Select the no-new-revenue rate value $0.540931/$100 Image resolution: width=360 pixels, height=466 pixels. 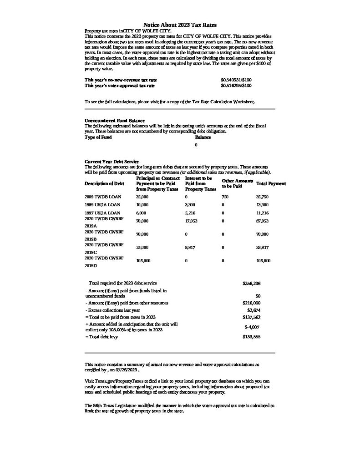click(x=236, y=80)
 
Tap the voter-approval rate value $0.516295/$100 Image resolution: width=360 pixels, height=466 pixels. click(x=236, y=85)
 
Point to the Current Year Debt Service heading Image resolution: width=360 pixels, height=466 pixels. click(x=112, y=162)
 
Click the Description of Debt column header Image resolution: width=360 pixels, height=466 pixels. click(x=104, y=183)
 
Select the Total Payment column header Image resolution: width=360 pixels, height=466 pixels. click(x=271, y=183)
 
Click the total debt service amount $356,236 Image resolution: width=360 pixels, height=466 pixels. click(x=252, y=283)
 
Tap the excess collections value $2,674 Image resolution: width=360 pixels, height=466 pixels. click(x=254, y=310)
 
